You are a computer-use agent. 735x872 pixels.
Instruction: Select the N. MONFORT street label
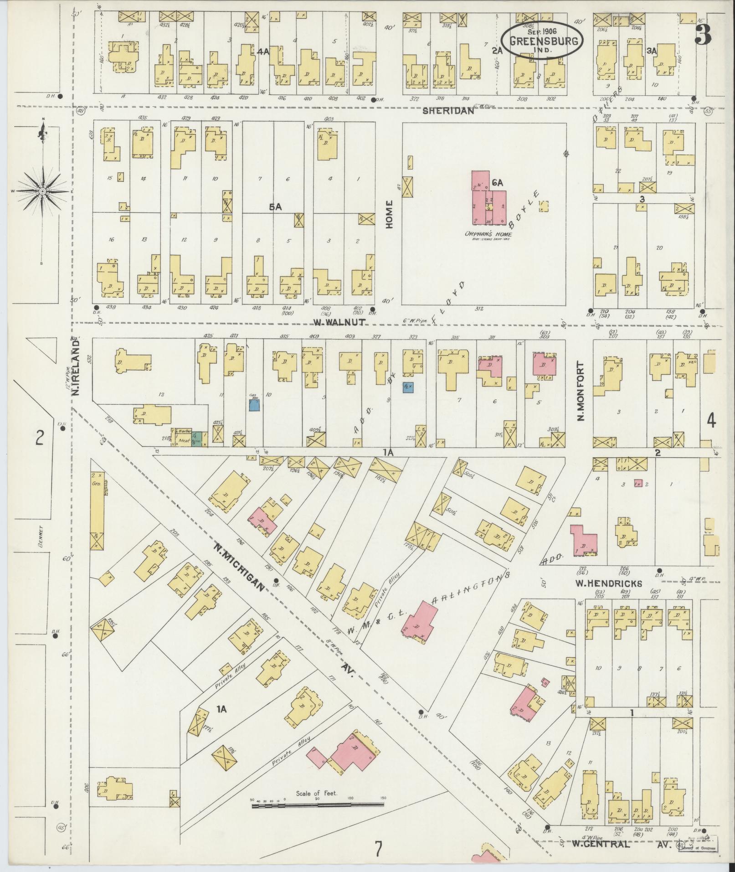coord(580,391)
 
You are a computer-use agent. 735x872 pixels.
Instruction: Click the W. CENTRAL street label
coord(601,844)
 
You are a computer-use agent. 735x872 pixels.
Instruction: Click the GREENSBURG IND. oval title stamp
coord(543,41)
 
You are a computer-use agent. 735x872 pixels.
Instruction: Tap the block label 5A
coord(275,207)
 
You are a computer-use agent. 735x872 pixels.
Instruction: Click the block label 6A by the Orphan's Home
coord(497,183)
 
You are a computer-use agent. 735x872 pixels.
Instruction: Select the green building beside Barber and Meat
coord(197,439)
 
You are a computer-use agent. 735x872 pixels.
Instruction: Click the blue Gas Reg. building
coord(254,405)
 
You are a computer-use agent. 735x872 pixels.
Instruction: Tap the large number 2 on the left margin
coord(40,438)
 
